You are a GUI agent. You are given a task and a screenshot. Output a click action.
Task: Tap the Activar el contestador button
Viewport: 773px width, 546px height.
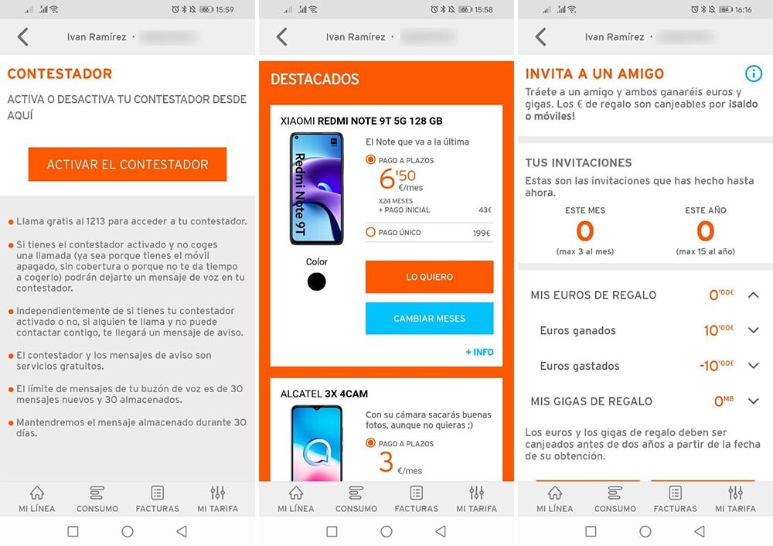point(128,165)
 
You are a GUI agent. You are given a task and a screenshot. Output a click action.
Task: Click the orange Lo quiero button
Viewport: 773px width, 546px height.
point(429,277)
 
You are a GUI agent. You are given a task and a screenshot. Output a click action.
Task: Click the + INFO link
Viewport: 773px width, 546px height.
point(479,352)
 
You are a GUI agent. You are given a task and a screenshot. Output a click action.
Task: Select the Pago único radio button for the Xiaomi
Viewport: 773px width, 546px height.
point(371,232)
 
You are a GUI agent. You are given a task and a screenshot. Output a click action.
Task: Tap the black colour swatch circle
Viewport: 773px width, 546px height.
point(316,282)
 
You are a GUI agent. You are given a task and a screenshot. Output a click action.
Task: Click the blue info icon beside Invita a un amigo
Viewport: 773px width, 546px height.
point(754,73)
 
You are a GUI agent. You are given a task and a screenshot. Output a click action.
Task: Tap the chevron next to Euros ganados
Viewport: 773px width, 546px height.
point(754,330)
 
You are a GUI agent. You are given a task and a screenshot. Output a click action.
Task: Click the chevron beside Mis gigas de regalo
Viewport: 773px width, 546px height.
point(754,401)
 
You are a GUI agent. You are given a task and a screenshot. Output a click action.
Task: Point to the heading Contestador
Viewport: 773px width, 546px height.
point(60,74)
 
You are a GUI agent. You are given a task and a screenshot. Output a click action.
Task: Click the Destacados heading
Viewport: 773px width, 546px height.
point(315,79)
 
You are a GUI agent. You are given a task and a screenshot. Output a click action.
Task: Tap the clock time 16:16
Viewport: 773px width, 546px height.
point(743,9)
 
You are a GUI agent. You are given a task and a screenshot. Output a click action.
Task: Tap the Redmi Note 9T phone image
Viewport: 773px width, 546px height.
point(316,189)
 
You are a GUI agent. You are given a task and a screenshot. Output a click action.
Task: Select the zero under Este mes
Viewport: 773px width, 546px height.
point(585,231)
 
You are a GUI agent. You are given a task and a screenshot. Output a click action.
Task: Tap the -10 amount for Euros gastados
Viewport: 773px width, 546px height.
point(717,366)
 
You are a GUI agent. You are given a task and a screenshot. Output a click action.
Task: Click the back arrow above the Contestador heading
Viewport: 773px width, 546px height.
point(23,36)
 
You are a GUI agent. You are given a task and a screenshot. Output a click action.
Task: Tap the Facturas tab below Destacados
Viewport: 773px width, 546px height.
point(417,499)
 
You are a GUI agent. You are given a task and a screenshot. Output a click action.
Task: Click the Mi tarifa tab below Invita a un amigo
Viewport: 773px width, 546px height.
point(736,499)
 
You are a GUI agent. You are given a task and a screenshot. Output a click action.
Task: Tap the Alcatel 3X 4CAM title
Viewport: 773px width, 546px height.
point(324,394)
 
